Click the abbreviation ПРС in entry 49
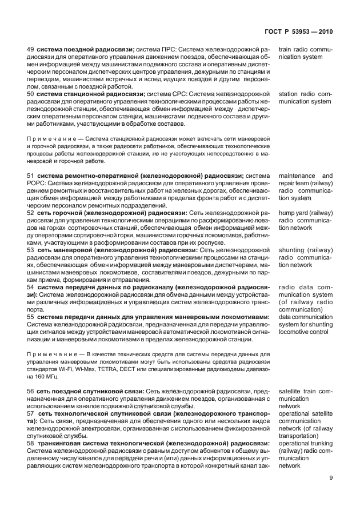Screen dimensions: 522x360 pyautogui.click(x=170, y=50)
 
